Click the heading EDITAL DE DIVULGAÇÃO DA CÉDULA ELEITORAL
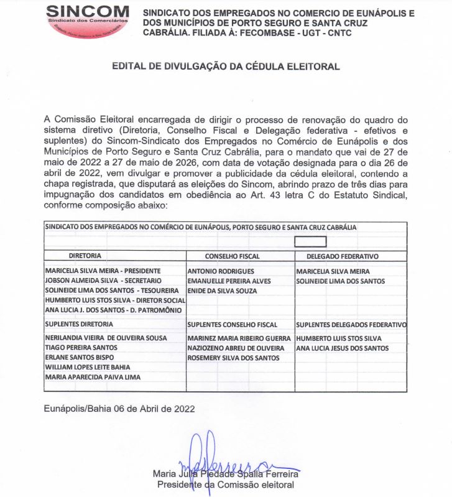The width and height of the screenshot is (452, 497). pos(226,66)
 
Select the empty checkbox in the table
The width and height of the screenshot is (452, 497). pos(310,242)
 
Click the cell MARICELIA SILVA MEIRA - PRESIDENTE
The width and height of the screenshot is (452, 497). pos(103,271)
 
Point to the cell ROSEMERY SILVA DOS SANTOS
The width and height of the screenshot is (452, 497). pos(233,358)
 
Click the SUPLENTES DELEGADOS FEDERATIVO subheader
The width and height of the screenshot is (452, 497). pos(351,325)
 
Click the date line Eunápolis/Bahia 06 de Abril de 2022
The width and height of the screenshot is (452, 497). pos(120,409)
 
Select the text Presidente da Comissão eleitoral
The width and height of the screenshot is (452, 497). pos(226,485)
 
